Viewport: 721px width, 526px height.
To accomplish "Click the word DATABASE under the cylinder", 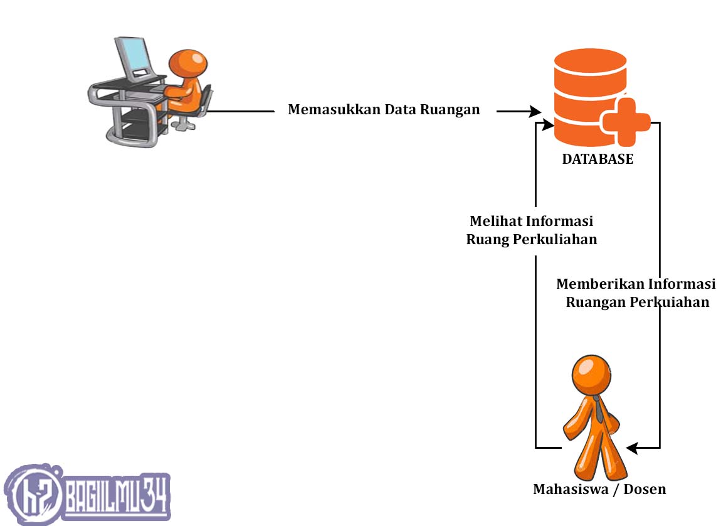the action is point(597,159).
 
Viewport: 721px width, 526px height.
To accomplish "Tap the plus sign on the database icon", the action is point(626,122).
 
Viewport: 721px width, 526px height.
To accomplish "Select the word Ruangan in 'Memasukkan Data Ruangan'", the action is point(450,110).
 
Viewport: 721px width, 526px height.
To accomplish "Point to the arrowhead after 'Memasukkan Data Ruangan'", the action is point(535,111).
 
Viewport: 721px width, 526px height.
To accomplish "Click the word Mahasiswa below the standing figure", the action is point(571,489).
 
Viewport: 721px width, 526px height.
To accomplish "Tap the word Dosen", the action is point(645,489).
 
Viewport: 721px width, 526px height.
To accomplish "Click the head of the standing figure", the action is point(592,373).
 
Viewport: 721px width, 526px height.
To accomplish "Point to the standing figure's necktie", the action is point(599,409).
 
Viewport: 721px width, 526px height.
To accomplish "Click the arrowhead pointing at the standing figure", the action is point(632,448).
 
